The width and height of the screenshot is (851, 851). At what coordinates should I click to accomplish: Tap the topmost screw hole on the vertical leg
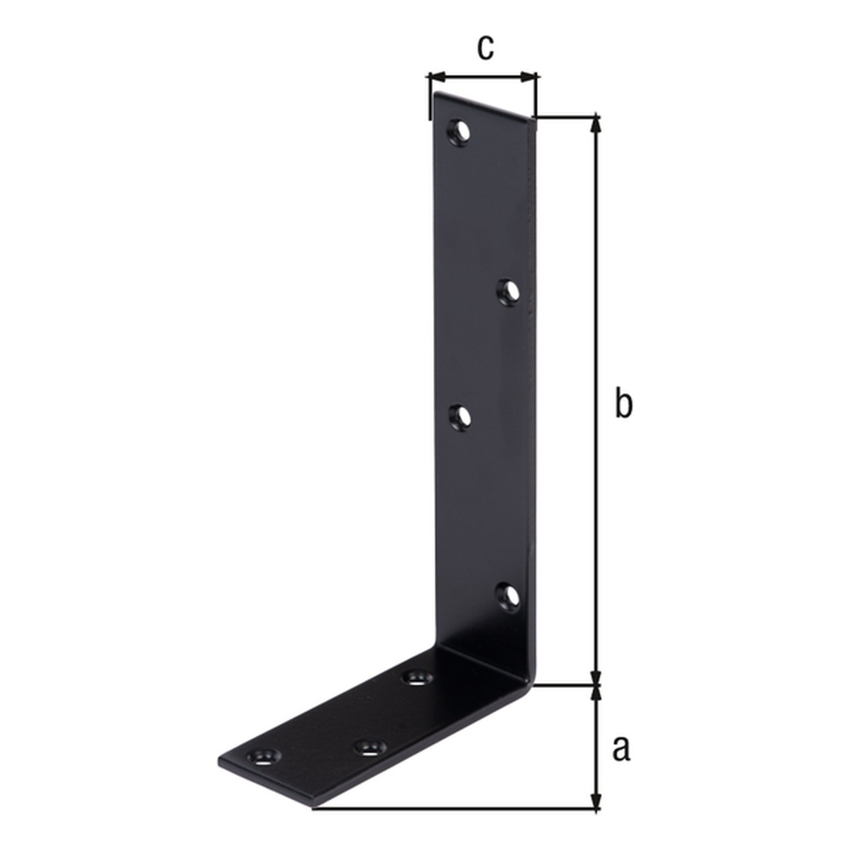coord(460,130)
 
